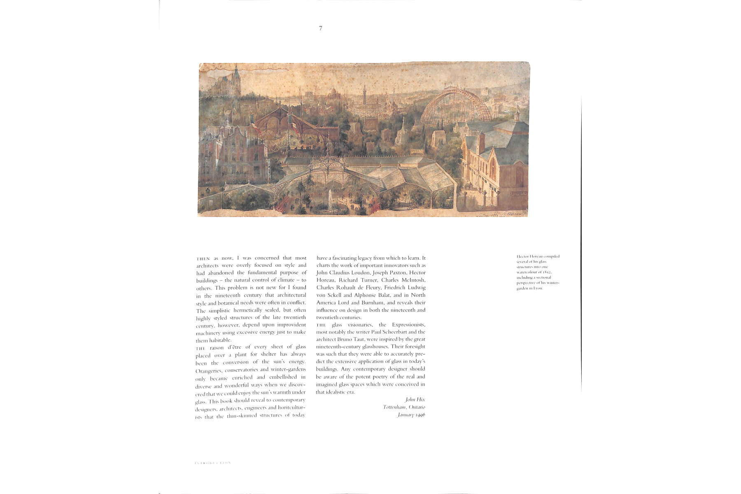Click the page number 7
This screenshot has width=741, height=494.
[x=321, y=28]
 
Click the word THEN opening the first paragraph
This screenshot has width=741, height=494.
[x=203, y=259]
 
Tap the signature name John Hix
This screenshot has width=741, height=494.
[x=415, y=399]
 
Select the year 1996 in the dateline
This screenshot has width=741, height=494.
[x=419, y=415]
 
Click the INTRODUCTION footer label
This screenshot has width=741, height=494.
[x=213, y=463]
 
